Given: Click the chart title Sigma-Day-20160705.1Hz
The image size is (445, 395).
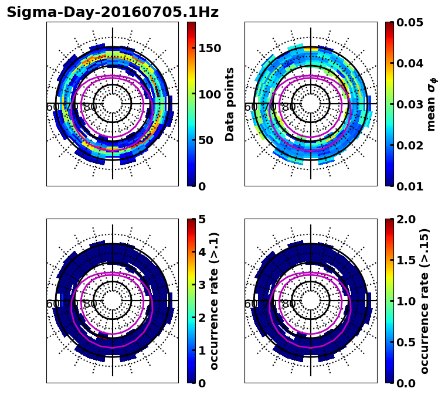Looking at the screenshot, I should [x=113, y=12].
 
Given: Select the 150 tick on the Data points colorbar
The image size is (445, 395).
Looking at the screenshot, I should [x=210, y=48].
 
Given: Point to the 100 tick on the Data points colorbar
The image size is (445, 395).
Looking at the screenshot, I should [x=210, y=94].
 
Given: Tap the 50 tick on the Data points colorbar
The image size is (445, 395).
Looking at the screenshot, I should [x=206, y=140].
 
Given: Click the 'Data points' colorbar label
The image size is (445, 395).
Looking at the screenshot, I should [x=230, y=104].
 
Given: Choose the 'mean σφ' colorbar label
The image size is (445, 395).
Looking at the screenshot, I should [x=432, y=104].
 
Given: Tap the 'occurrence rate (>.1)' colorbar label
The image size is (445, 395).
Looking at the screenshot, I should [x=215, y=301].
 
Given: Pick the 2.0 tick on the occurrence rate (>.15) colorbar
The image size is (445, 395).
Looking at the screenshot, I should [x=404, y=219].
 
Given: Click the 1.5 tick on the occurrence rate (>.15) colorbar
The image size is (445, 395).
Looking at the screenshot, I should [x=404, y=260].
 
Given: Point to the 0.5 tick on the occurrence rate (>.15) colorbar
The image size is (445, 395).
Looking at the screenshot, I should [x=404, y=342].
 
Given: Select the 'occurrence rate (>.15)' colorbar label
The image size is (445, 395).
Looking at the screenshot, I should [x=424, y=301].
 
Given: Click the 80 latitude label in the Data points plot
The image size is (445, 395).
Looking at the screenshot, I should [x=90, y=107].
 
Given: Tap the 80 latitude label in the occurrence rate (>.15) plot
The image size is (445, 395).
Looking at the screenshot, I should [x=288, y=304].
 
